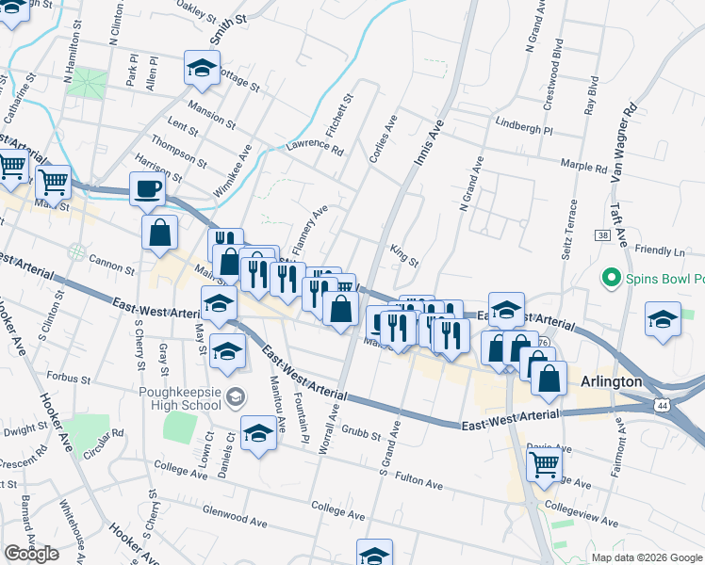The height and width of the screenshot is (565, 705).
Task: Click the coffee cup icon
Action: point(147,188)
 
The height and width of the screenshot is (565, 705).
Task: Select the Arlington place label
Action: point(610,382)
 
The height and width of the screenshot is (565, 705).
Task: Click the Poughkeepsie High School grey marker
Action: point(235,394)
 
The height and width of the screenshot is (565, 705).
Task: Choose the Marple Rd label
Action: point(584,166)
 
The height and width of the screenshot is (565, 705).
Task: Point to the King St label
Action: point(403,253)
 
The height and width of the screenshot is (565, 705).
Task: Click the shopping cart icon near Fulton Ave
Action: point(544,464)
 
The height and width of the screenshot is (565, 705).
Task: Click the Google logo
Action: point(31,554)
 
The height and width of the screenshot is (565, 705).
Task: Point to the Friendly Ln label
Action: point(660,251)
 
